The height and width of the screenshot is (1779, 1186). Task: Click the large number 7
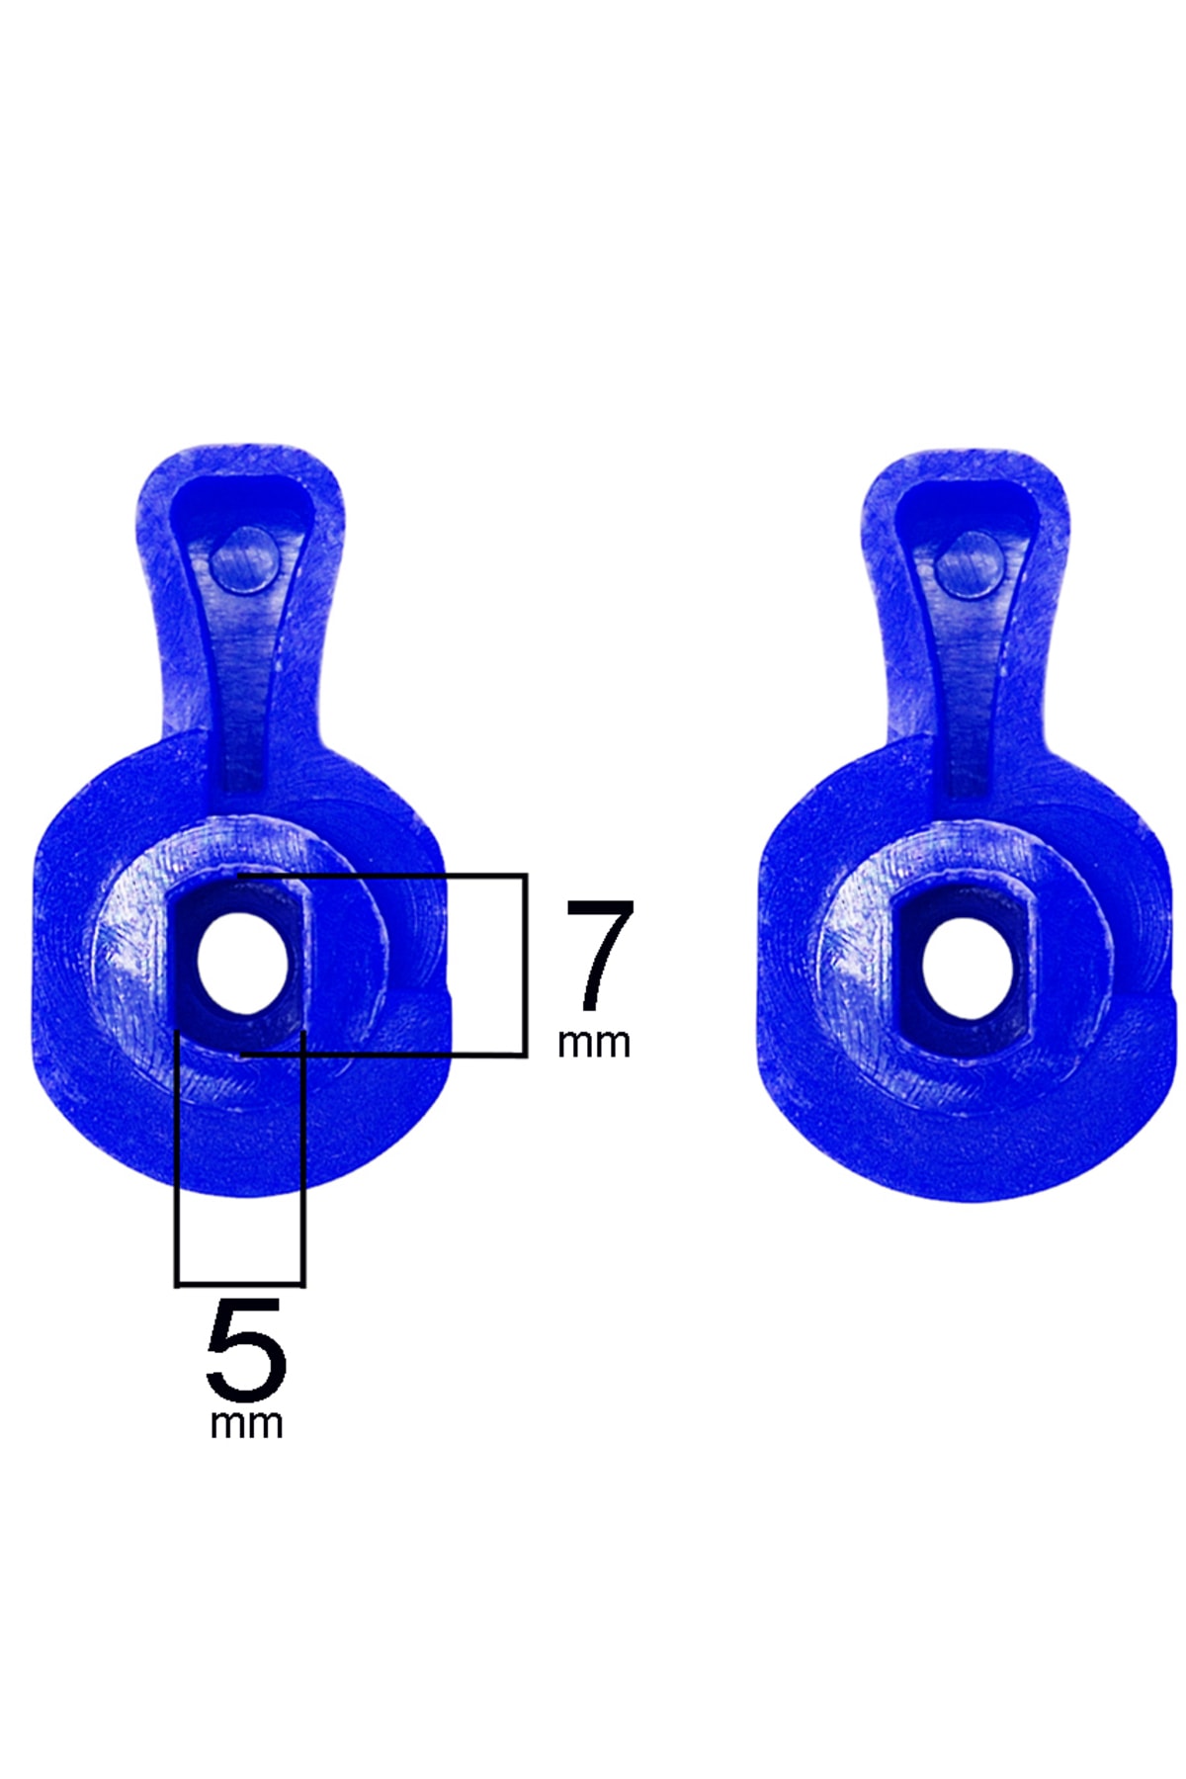599,954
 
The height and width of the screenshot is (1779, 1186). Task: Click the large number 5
246,1350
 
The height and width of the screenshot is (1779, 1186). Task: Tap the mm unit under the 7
593,1044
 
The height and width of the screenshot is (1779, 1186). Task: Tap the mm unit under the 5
246,1424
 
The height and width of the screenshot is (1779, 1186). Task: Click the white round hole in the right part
968,969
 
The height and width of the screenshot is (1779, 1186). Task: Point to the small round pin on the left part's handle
242,559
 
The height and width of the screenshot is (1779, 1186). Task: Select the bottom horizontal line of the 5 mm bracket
240,1284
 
